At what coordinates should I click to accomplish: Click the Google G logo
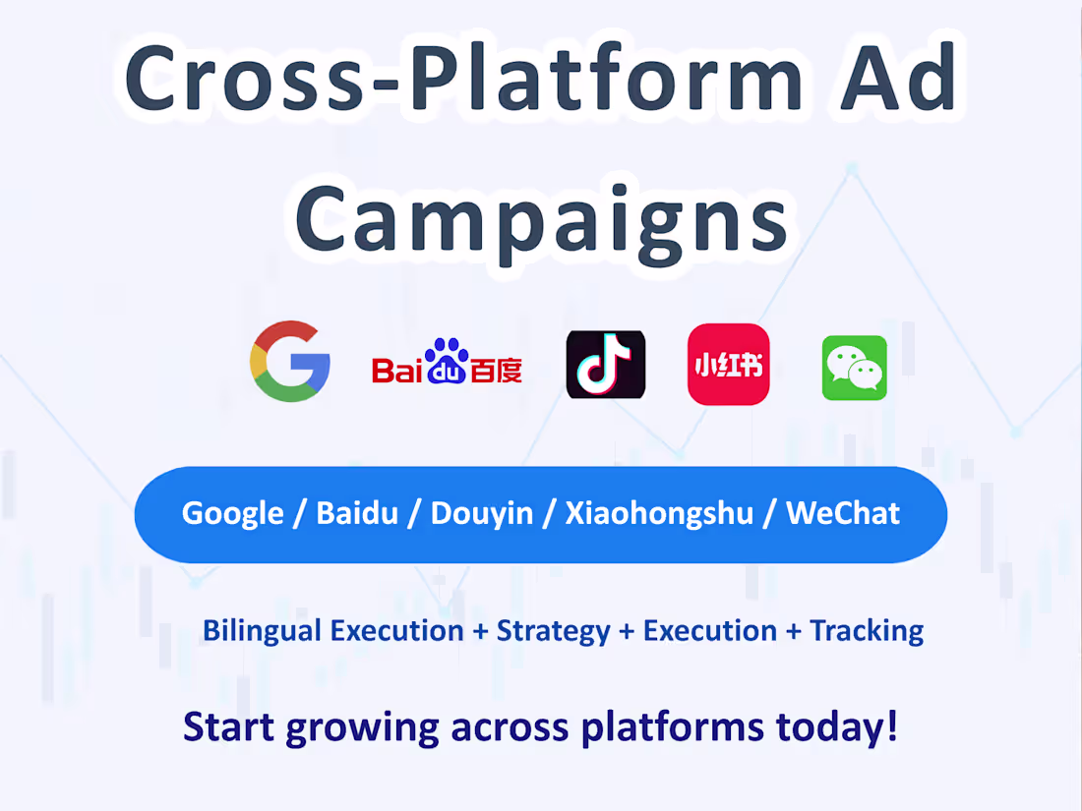coord(290,361)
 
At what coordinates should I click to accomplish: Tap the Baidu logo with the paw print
coord(447,363)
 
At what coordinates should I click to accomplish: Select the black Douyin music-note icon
coord(606,364)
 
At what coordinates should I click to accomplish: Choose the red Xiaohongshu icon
coord(728,364)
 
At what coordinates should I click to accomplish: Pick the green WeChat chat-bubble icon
coord(854,368)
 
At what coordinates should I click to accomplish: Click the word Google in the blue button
coord(233,513)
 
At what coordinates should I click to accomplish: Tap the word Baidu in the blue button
coord(357,513)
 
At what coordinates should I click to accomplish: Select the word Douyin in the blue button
coord(482,513)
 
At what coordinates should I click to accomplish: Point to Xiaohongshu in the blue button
coord(659,513)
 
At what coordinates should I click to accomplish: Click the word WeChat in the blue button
coord(843,513)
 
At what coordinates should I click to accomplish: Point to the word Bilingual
coord(263,630)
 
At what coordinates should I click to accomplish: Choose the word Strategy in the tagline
coord(553,630)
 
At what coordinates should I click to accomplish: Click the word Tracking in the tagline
coord(867,630)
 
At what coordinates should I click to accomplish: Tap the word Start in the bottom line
coord(229,726)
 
